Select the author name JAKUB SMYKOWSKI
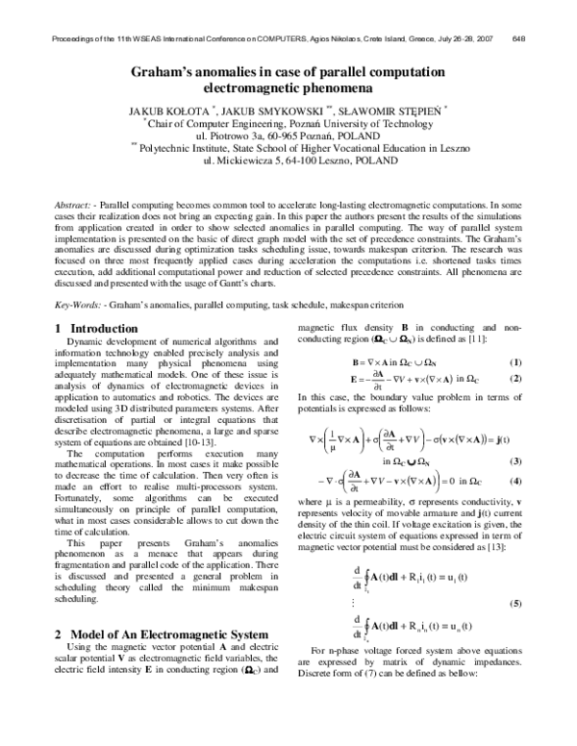point(274,109)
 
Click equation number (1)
point(515,361)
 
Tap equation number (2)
point(515,380)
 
